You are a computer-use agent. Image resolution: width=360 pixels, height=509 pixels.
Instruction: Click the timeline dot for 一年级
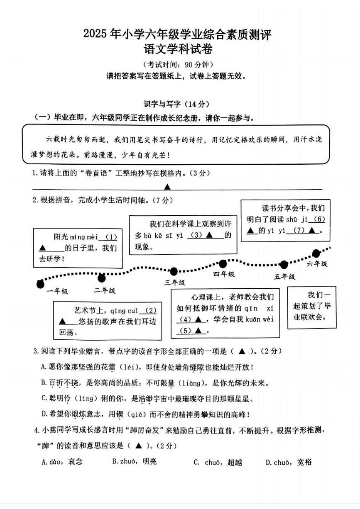point(40,284)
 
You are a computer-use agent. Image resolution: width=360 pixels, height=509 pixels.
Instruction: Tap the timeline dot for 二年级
point(101,278)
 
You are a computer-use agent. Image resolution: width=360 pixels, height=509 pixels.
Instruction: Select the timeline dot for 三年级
point(174,272)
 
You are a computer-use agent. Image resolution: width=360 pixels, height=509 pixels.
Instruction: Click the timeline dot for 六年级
point(316,253)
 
